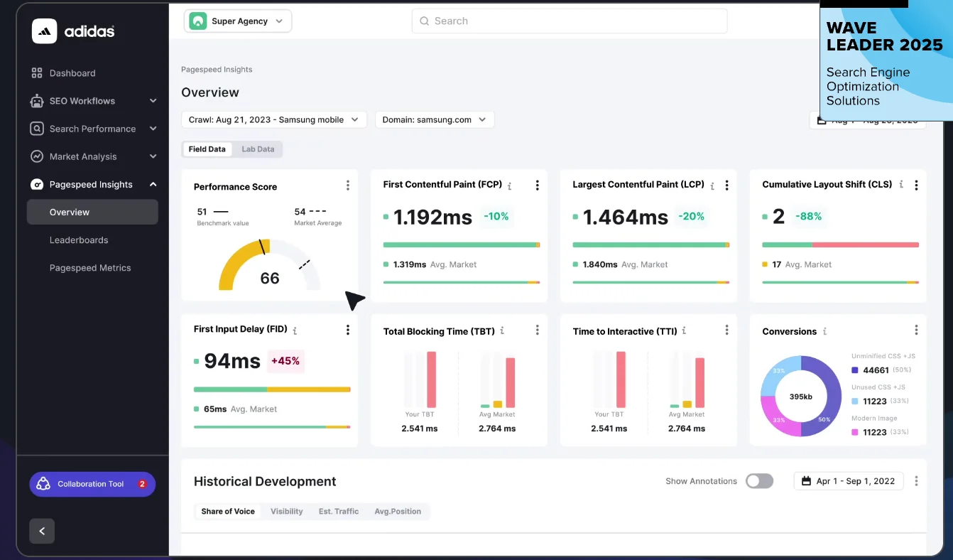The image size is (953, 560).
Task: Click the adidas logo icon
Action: point(44,31)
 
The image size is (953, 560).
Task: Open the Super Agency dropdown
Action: point(238,21)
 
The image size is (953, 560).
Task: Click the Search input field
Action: point(569,21)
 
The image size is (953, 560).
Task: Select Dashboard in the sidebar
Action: point(72,73)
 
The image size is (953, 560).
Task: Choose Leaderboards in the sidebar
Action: point(79,240)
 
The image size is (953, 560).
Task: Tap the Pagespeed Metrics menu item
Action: point(90,268)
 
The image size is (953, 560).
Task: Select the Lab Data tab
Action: point(258,149)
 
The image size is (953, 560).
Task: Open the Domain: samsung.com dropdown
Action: point(434,120)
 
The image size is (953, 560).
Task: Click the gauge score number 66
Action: point(270,279)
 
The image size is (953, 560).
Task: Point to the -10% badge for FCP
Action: point(496,217)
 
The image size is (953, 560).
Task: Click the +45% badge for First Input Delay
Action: point(285,361)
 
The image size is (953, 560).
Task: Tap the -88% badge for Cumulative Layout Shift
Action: point(808,217)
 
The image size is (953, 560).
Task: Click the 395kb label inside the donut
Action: point(800,397)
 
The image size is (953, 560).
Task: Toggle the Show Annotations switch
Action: point(759,481)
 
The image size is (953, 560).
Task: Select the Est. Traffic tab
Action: point(339,512)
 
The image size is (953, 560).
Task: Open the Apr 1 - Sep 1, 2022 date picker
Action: point(848,481)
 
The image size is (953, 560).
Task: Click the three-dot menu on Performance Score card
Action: point(347,185)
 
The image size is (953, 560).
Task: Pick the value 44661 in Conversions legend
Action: point(876,370)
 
